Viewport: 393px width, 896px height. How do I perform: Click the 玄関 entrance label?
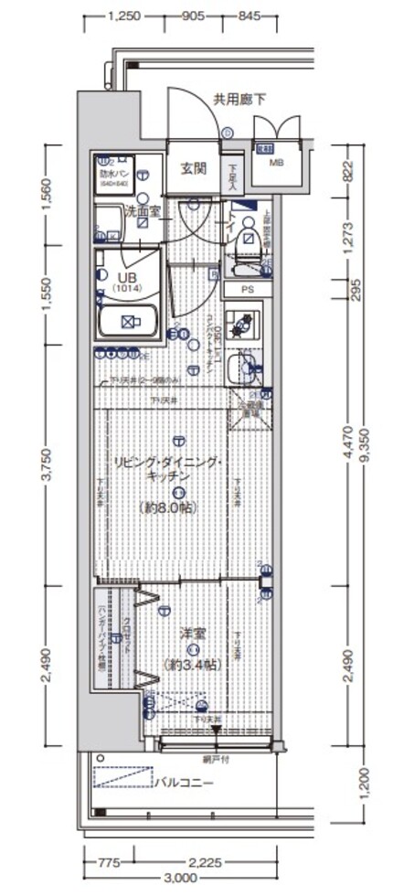coord(193,168)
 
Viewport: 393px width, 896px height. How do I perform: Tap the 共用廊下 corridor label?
coord(240,100)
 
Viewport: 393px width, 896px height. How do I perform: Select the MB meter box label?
coord(275,165)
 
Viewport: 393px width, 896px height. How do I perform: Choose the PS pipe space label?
coord(247,290)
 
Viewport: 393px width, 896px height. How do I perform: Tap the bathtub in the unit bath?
coord(128,322)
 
